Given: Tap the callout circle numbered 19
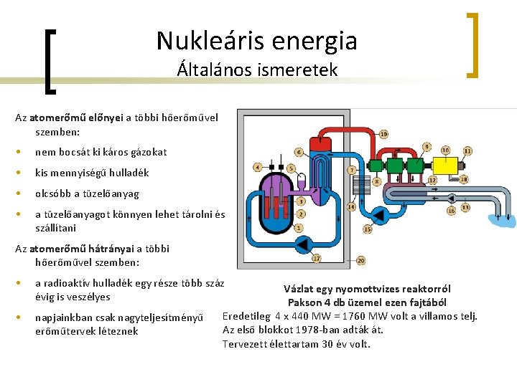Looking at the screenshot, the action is point(384,134).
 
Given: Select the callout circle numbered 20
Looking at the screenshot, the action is point(360,261).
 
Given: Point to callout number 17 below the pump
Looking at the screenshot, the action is point(316,258).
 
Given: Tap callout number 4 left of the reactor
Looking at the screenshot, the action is point(258,168).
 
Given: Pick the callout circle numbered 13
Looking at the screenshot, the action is point(465,207).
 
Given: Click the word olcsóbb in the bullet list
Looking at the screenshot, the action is point(55,193).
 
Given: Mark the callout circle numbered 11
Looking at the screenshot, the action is point(467,150).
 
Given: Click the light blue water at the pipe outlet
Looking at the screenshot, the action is point(508,220).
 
